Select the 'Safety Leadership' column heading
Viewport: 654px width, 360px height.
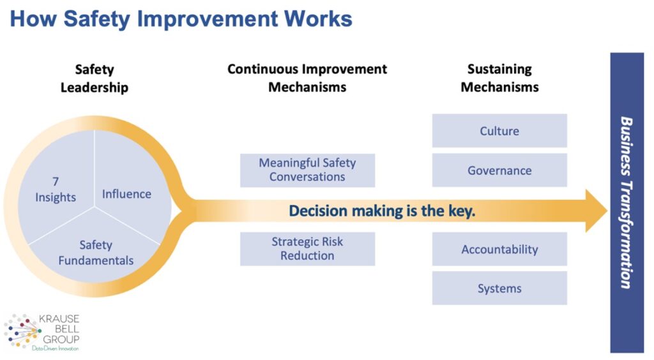[x=94, y=79]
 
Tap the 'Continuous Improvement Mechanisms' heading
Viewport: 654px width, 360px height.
[x=307, y=79]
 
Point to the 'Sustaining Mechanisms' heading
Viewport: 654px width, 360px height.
[x=499, y=79]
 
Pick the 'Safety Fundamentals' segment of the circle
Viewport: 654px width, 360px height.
[x=96, y=253]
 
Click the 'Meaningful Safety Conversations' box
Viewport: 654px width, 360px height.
[x=307, y=170]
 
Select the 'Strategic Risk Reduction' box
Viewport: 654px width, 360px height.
[x=307, y=249]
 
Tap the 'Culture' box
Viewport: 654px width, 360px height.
[x=499, y=131]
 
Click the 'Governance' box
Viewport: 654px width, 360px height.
[x=499, y=170]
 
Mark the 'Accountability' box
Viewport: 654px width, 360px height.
[x=499, y=249]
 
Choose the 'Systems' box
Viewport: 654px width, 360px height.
[x=499, y=289]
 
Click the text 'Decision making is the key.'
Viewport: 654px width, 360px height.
[x=382, y=211]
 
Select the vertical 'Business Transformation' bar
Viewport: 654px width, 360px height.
[x=627, y=202]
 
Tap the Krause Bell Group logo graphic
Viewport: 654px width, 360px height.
[x=22, y=331]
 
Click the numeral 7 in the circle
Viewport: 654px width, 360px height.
[x=56, y=182]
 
